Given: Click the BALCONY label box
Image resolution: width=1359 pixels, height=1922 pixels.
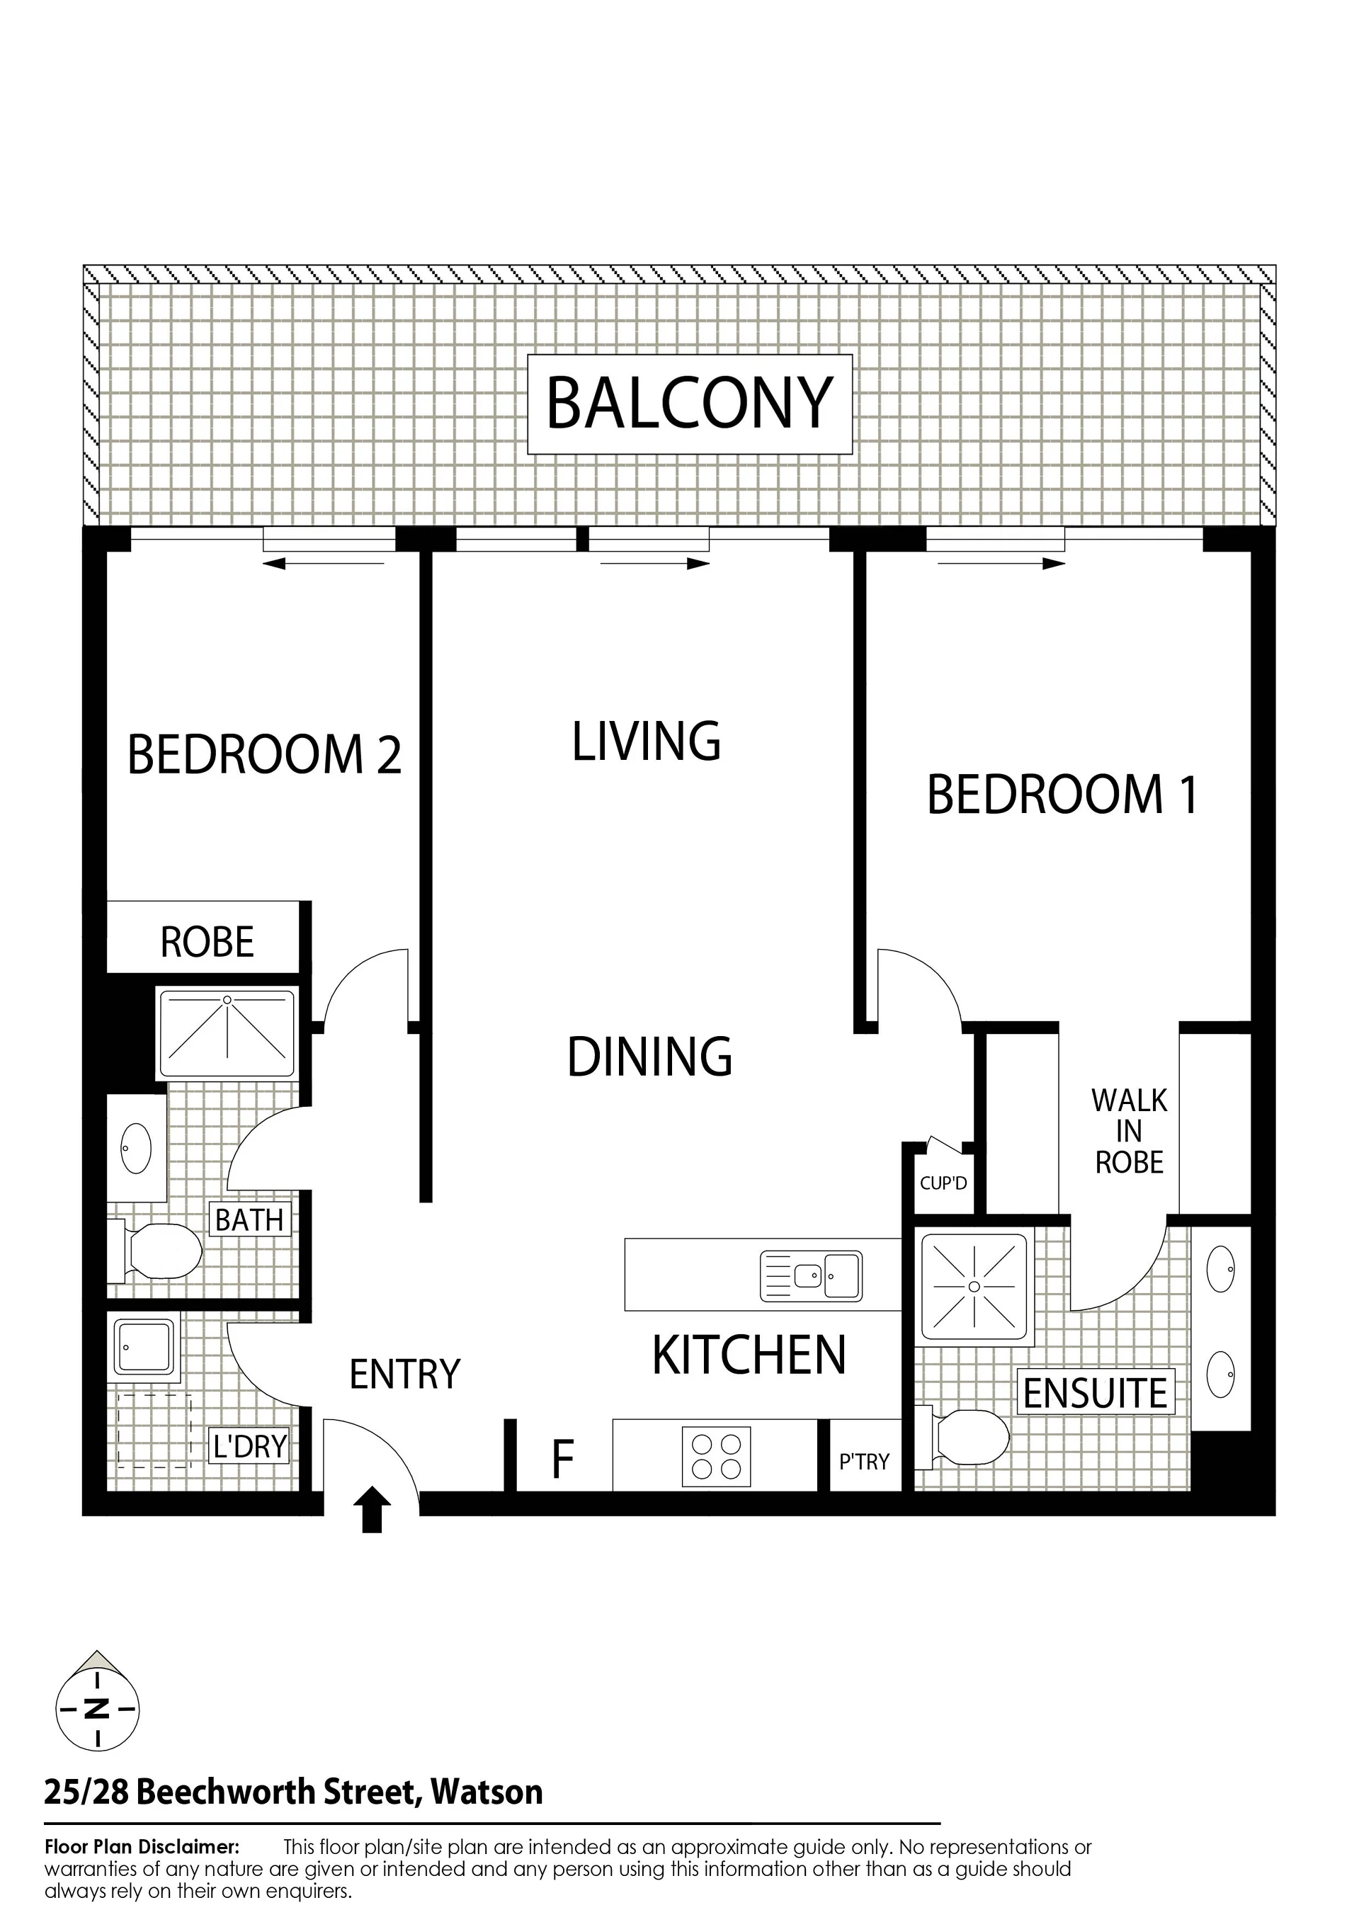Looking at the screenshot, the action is click(x=689, y=404).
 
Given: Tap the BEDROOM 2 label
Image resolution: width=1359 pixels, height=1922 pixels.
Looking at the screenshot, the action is click(x=265, y=754).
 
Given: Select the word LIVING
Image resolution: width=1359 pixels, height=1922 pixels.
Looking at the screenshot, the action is click(x=647, y=741).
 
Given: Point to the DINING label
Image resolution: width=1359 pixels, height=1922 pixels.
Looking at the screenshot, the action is click(x=650, y=1057).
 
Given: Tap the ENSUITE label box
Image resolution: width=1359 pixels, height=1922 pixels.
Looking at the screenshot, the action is click(x=1096, y=1393).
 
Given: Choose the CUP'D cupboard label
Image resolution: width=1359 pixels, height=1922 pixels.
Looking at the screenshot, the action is click(x=944, y=1183).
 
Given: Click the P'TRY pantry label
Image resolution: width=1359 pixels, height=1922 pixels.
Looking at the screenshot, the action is click(x=864, y=1462).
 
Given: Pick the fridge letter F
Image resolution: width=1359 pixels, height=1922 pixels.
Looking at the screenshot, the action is click(x=563, y=1458).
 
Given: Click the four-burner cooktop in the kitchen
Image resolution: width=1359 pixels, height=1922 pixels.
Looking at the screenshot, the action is click(x=716, y=1457).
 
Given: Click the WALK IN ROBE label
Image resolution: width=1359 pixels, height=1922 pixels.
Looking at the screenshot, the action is click(x=1129, y=1131).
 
